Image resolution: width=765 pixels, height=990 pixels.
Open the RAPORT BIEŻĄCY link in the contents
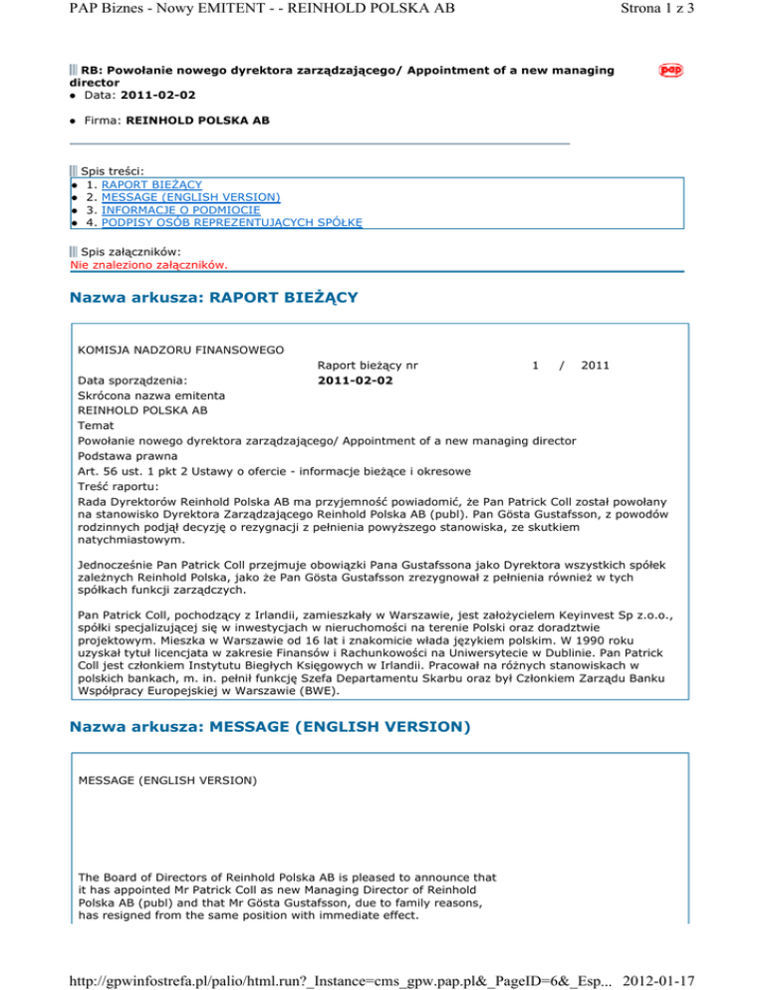pyautogui.click(x=144, y=184)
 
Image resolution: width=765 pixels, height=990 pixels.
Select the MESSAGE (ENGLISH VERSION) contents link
pyautogui.click(x=182, y=197)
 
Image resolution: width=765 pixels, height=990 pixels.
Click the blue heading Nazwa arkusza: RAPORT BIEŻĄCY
pyautogui.click(x=214, y=298)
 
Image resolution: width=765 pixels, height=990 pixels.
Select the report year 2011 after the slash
pyautogui.click(x=596, y=366)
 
